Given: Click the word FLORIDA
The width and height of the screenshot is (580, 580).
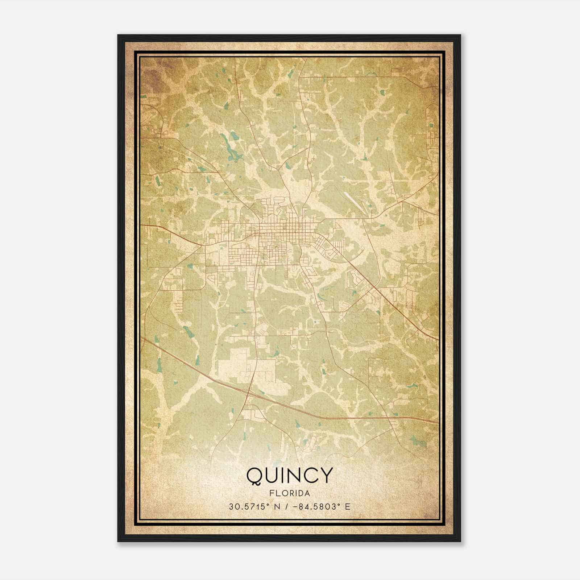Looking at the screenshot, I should click(289, 493).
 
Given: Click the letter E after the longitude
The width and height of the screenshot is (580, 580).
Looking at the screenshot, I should click(347, 506).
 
